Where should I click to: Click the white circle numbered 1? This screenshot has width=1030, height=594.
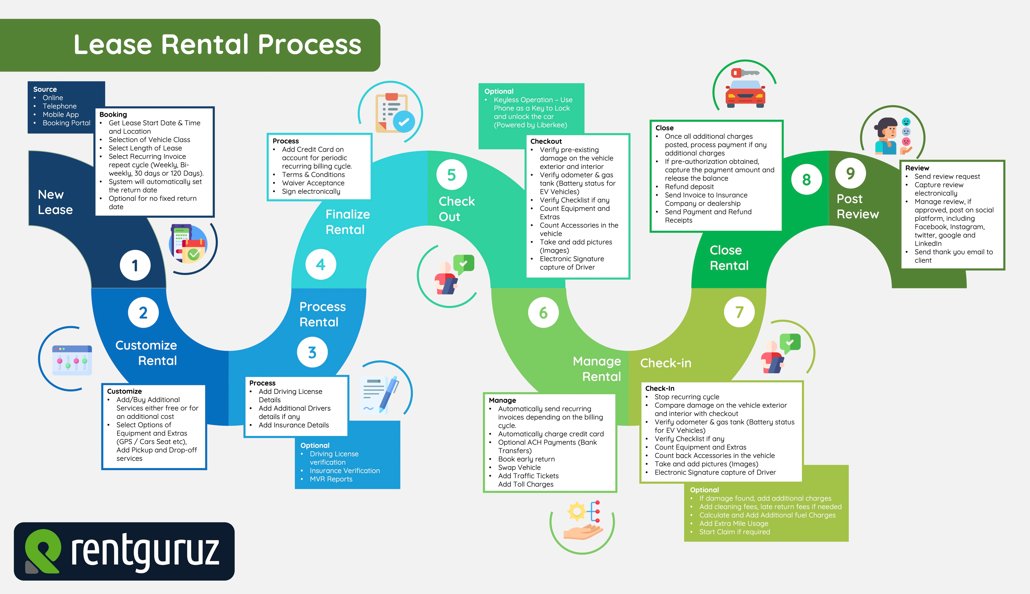pos(135,265)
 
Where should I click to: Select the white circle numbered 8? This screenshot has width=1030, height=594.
pos(806,179)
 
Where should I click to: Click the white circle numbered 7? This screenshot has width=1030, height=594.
pos(739,312)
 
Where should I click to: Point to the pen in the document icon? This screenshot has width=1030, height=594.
pos(389,394)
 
